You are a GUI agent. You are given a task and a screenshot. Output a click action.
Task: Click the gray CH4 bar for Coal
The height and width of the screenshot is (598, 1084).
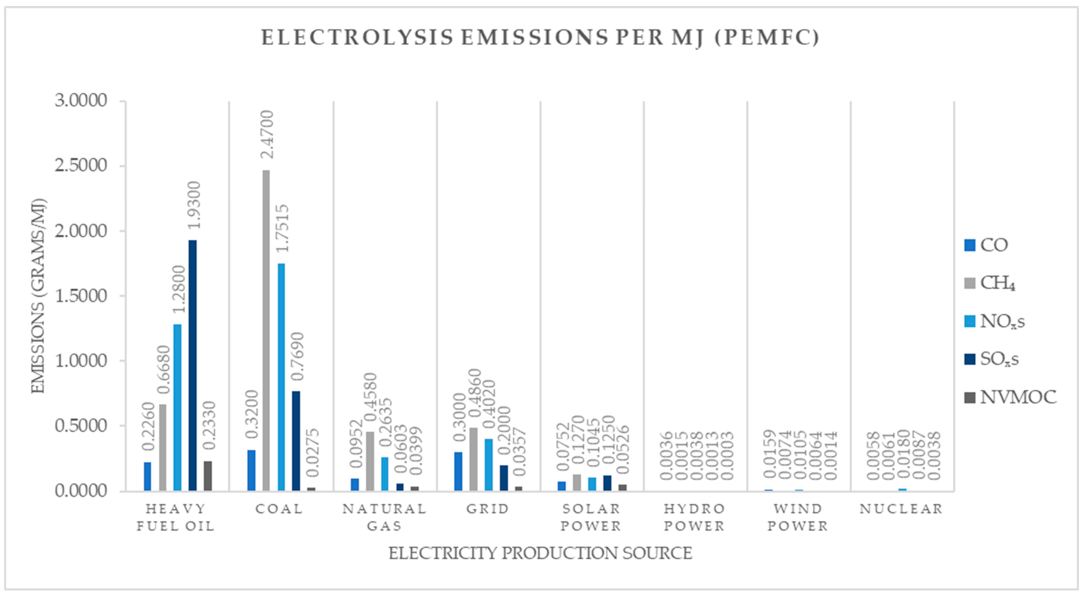[266, 330]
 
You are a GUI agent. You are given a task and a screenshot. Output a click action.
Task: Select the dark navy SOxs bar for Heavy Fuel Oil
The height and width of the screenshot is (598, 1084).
[192, 365]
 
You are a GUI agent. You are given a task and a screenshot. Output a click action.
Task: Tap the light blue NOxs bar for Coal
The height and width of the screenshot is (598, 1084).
[281, 377]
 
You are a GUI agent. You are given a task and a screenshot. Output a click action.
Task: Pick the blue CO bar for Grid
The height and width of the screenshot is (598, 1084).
[458, 471]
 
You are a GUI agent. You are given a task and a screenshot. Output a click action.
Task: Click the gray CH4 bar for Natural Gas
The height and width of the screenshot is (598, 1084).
[370, 461]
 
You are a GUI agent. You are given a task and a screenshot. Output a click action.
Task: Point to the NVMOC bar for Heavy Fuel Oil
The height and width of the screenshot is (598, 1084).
[208, 476]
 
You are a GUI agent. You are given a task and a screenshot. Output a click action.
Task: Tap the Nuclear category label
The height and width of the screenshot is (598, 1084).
[901, 509]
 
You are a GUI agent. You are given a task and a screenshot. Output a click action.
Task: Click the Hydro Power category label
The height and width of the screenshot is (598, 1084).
[695, 517]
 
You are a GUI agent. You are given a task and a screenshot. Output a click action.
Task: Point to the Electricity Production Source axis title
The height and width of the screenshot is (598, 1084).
[540, 553]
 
